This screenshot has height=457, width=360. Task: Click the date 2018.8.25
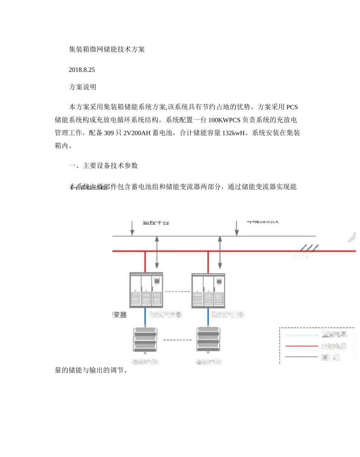(81, 70)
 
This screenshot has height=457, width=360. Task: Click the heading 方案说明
(82, 87)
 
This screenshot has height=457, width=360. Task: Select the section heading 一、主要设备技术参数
(103, 166)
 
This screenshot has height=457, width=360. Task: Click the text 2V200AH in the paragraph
(136, 133)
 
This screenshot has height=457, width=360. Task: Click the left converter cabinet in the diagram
(146, 290)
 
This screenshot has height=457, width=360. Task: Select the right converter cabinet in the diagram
(208, 290)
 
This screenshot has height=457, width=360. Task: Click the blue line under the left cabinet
(145, 316)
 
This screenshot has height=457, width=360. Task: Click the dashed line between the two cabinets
(177, 291)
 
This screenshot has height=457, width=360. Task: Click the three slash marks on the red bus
(307, 248)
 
